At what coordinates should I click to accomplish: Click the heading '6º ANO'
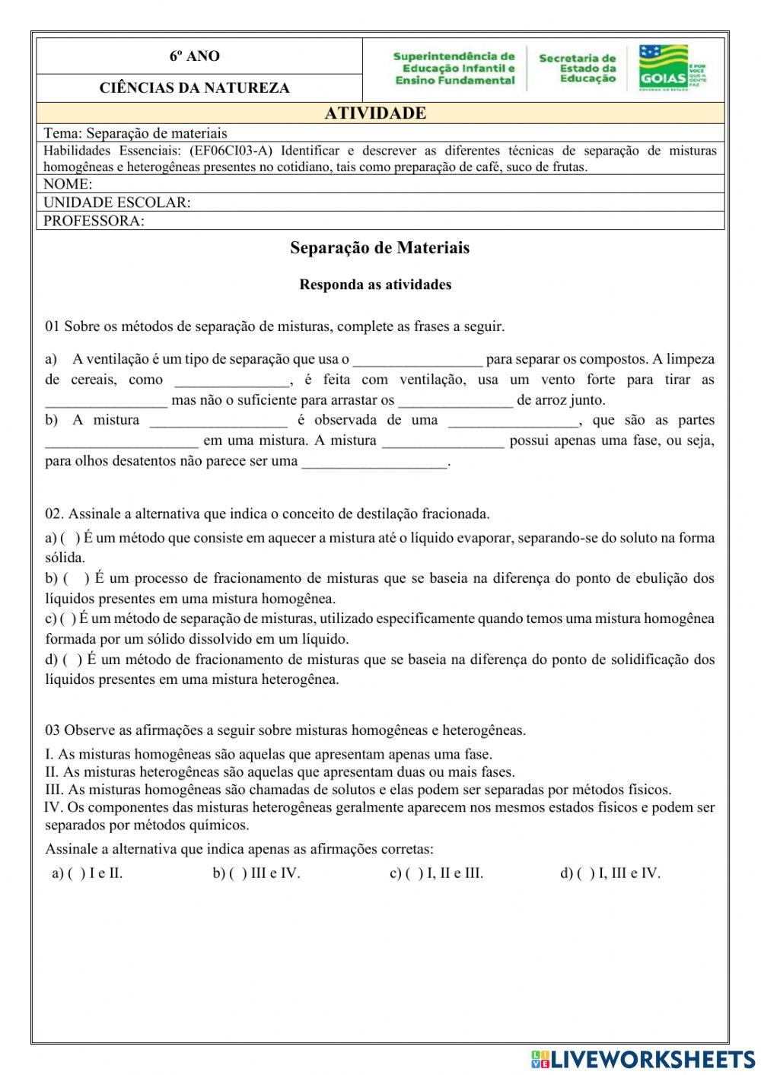point(194,56)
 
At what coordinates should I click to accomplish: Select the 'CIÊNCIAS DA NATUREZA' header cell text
point(194,88)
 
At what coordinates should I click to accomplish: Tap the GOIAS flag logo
point(663,68)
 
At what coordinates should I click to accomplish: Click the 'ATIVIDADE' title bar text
point(375,113)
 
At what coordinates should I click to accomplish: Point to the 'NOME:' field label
point(68,184)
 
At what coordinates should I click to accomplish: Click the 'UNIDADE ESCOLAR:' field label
point(116,202)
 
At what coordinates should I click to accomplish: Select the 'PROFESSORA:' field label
point(94,221)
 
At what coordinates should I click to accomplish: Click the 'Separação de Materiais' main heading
point(380,248)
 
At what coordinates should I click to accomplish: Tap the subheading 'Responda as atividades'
point(375,285)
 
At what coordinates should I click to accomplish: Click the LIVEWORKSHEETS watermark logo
point(643,1058)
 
